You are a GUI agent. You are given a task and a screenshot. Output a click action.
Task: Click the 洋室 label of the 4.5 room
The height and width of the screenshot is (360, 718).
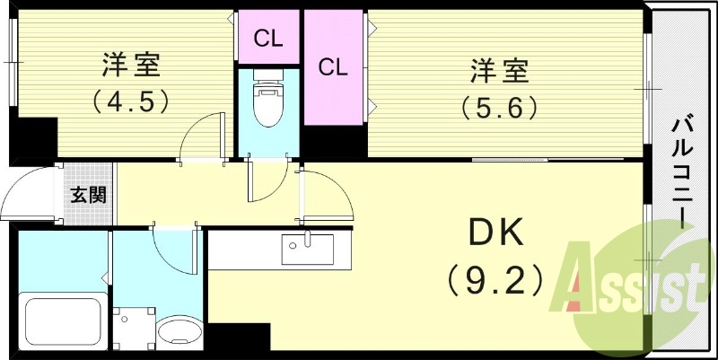[x=131, y=66]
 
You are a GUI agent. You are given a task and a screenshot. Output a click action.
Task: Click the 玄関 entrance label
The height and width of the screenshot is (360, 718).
[x=90, y=194]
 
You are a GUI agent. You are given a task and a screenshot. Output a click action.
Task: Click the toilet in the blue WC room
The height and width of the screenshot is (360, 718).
[x=267, y=102]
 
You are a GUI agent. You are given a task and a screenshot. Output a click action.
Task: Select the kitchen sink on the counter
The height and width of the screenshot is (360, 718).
[x=307, y=249]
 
